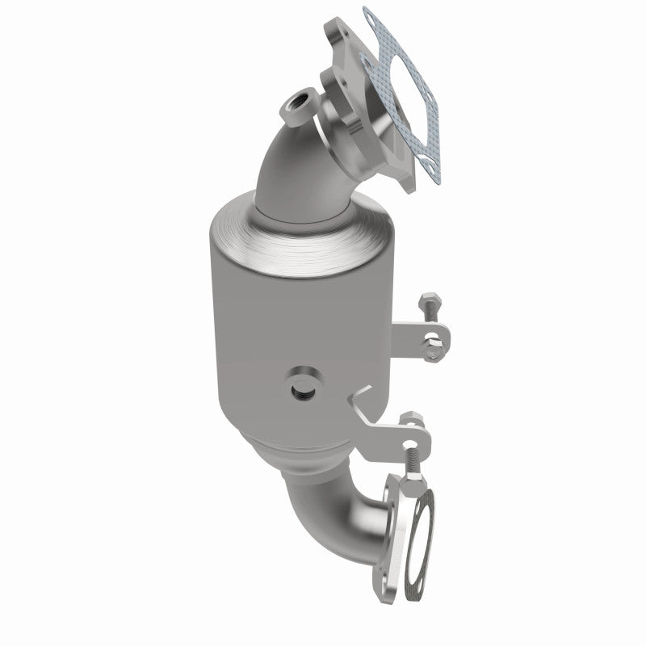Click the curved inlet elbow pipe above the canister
(x=287, y=161)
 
